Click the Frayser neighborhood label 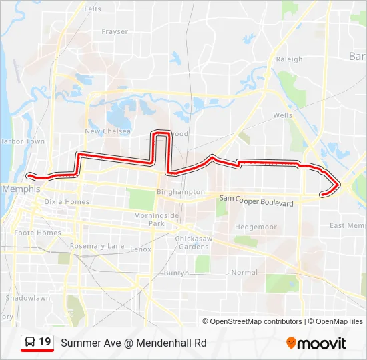115,31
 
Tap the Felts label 93,9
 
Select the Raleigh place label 289,59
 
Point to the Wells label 282,115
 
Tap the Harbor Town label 22,141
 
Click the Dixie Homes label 67,201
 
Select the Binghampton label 180,192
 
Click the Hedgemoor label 256,227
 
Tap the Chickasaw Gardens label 193,242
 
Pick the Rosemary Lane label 97,246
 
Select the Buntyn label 177,273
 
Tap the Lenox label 141,249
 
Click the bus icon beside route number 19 30,343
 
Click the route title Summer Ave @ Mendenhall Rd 133,343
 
